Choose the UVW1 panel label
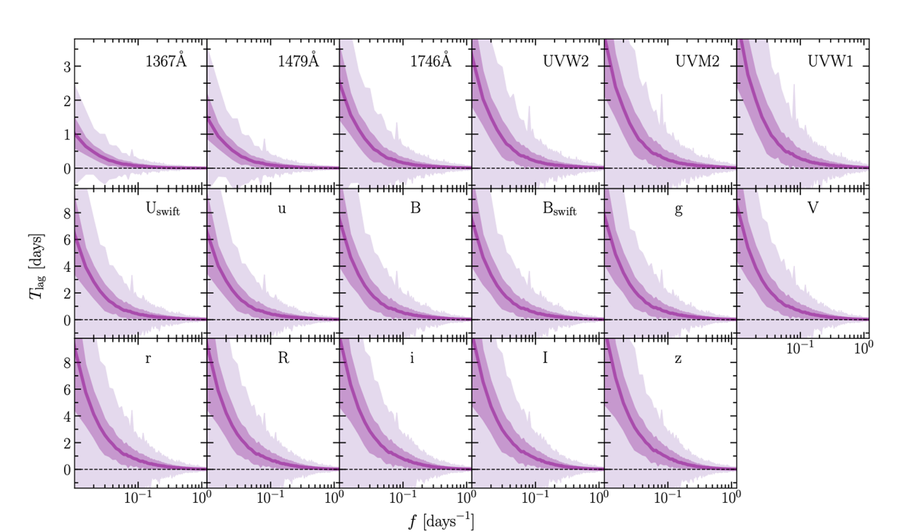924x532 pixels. pyautogui.click(x=830, y=62)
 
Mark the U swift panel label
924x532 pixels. pyautogui.click(x=163, y=210)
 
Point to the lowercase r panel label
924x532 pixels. pyautogui.click(x=149, y=359)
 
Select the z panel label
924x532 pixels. pyautogui.click(x=678, y=359)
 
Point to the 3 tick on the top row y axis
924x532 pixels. pyautogui.click(x=66, y=67)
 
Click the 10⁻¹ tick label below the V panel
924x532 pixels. pyautogui.click(x=800, y=348)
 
